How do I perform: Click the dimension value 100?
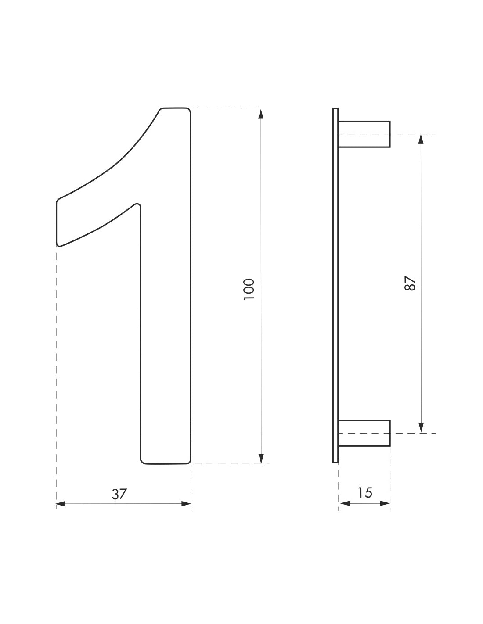coord(249,289)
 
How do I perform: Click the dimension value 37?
coord(119,494)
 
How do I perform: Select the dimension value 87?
coord(409,283)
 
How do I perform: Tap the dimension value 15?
coord(364,492)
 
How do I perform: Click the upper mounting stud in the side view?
coord(364,134)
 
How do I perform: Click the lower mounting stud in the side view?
coord(364,433)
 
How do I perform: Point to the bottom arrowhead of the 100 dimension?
coord(261,458)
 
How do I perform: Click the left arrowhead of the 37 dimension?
coord(61,504)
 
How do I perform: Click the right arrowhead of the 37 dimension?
coord(187,504)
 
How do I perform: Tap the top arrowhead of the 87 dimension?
coord(421,139)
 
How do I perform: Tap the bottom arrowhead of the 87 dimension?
coord(421,427)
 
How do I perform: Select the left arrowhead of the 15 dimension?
coord(344,503)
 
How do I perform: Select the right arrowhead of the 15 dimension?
coord(385,503)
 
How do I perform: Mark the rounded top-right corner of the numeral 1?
coord(188,110)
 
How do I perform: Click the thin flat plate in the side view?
coord(335,285)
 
